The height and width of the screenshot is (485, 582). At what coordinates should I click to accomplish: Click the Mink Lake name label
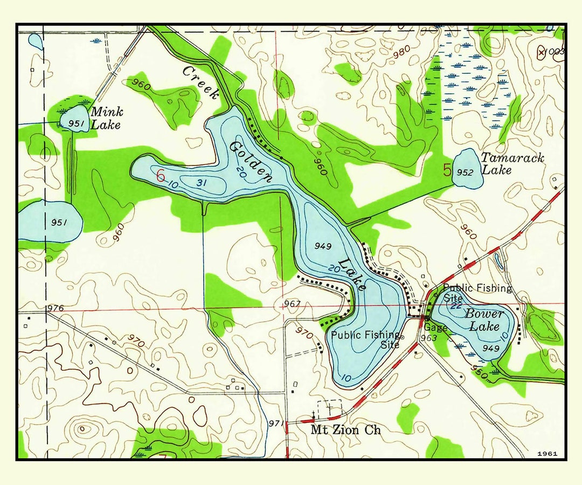click(107, 119)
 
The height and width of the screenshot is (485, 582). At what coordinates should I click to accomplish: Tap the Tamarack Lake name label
click(512, 164)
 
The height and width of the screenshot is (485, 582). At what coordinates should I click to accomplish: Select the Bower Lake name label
click(484, 320)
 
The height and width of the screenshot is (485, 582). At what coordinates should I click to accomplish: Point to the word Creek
click(201, 82)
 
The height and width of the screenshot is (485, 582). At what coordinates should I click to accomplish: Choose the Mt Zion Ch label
click(346, 430)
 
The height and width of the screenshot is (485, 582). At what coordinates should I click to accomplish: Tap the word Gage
click(435, 327)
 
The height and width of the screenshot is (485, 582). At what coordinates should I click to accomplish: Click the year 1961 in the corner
click(547, 454)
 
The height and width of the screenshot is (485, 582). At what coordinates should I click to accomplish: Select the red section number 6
click(160, 176)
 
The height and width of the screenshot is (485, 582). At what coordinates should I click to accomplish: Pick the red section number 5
click(447, 170)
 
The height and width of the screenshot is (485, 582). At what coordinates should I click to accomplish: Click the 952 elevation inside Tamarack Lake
click(465, 172)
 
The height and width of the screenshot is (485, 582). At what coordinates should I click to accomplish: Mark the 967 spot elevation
click(292, 304)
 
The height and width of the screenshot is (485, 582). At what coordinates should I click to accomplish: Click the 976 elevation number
click(55, 308)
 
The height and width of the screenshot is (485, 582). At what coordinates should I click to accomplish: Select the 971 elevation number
click(275, 424)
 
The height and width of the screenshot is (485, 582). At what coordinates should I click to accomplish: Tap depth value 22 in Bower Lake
click(456, 306)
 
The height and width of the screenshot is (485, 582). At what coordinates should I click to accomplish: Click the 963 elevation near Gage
click(428, 338)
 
